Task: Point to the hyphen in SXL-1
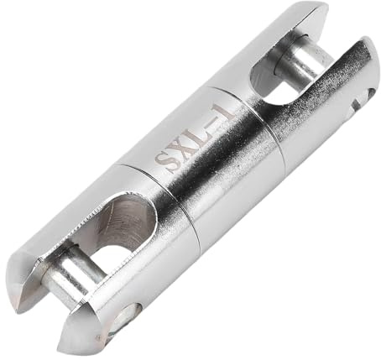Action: click(x=212, y=121)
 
